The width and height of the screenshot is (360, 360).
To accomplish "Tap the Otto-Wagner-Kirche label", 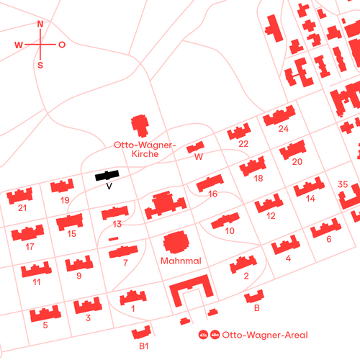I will tap(145, 149).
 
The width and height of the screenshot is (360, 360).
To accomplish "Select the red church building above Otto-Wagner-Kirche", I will tap(140, 126).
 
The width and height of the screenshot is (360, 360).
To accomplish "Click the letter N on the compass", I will tap(40, 24).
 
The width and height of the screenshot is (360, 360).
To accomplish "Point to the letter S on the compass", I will tap(40, 65).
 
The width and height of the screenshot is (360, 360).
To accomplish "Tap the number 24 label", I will tap(283, 129).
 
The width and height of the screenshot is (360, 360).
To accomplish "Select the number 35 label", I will tap(343, 185).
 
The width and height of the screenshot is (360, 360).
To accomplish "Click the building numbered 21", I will tap(21, 195).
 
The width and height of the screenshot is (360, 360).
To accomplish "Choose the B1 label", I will tap(144, 347).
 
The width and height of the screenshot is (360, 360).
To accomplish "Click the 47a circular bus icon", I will tap(202, 335).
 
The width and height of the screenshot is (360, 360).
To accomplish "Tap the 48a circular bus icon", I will tap(214, 335).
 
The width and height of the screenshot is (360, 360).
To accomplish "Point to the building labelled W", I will tap(195, 148).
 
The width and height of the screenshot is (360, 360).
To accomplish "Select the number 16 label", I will tap(212, 194).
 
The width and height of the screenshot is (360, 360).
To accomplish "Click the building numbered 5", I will tap(45, 315).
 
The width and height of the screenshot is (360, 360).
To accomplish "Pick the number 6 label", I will tap(329, 239).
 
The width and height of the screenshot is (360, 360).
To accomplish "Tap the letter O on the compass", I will tap(62, 45).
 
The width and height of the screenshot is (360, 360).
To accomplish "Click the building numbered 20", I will tap(292, 150).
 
